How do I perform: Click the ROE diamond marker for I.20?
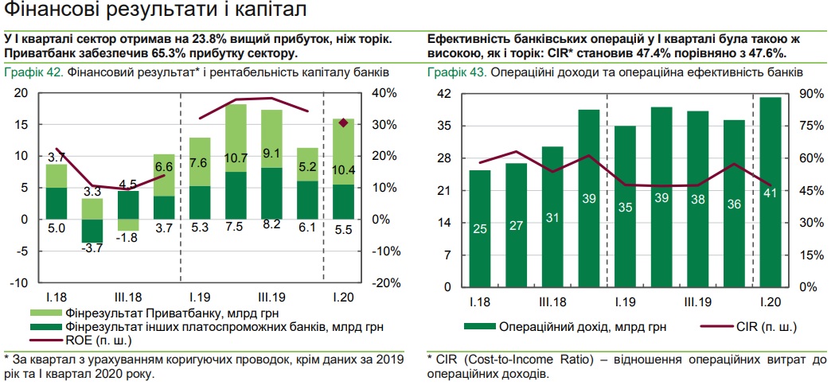(343, 123)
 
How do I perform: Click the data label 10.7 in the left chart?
(236, 158)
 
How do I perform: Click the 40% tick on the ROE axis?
(385, 93)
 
